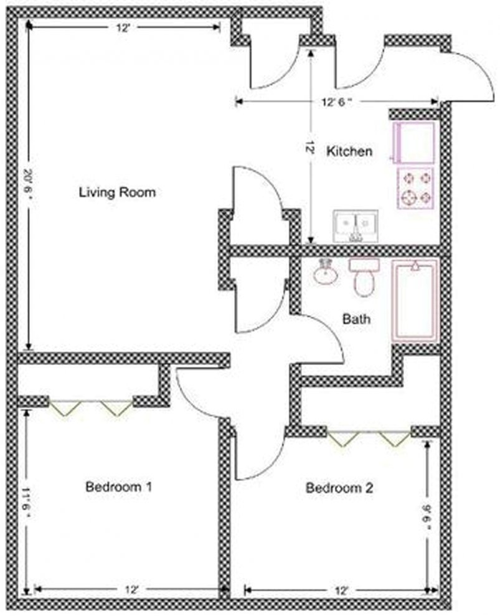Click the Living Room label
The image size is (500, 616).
[116, 192]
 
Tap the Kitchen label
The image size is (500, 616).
[349, 151]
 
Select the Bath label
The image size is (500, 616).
[357, 319]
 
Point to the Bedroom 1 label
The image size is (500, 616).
[118, 486]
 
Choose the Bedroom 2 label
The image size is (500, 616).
[339, 488]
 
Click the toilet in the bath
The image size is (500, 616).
[363, 277]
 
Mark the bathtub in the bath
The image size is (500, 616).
[415, 301]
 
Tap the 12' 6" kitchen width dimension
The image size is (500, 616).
[336, 102]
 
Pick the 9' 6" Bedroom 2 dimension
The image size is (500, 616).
[427, 516]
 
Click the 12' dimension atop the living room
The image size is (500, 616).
[123, 27]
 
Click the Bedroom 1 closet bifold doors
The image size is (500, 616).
[91, 408]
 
